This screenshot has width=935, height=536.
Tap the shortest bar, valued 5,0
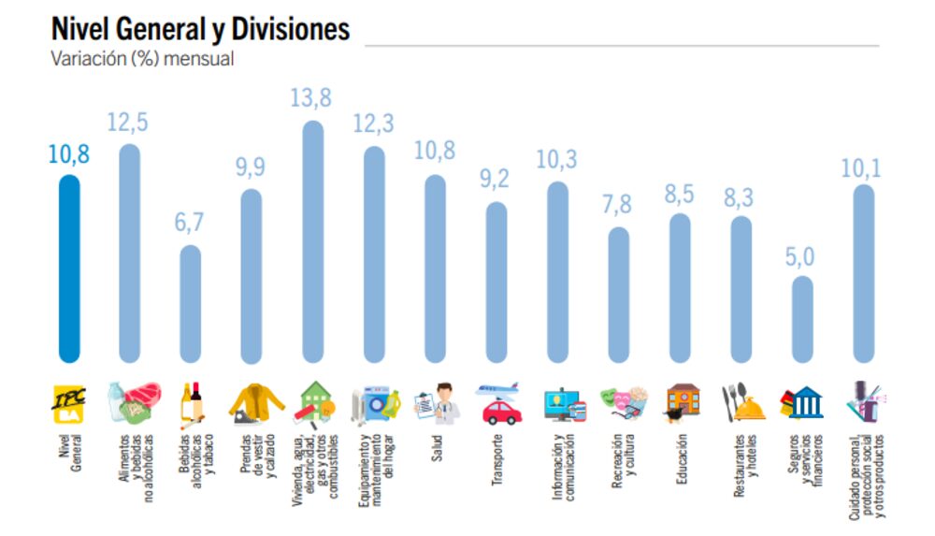pos(801,319)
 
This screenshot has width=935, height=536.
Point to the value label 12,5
pos(129,122)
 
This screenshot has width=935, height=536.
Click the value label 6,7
pos(191,224)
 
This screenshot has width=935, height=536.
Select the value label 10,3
pos(557,159)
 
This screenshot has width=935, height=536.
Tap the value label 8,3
pos(740,197)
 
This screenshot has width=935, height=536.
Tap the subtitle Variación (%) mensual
pos(141,59)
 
